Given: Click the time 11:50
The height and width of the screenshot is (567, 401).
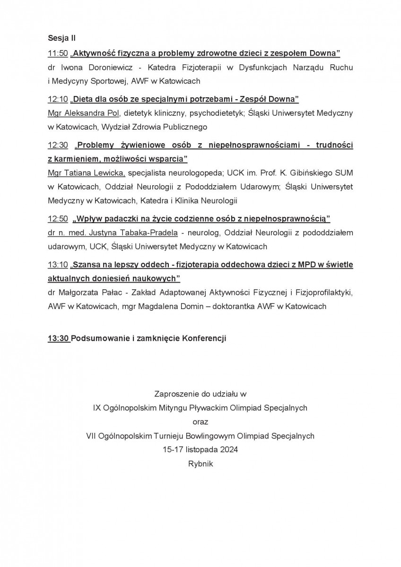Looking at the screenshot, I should pos(58,52).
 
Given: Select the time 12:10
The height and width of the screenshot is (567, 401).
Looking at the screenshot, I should pos(58,99).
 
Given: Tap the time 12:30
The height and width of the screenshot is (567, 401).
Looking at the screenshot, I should pos(58,145).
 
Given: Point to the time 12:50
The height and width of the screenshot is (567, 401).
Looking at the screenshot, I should pos(58,218).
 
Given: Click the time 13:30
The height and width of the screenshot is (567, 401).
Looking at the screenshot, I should pos(58,339).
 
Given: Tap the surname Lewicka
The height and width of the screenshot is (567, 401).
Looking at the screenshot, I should pos(107,172).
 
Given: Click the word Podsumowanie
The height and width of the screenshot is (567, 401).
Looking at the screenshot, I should pos(96,339).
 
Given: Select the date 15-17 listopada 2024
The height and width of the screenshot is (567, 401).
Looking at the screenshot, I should pos(200,450).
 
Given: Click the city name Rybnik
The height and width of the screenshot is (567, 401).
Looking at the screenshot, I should pos(200,464).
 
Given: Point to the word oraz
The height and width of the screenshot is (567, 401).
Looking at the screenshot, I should pos(200,421).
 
